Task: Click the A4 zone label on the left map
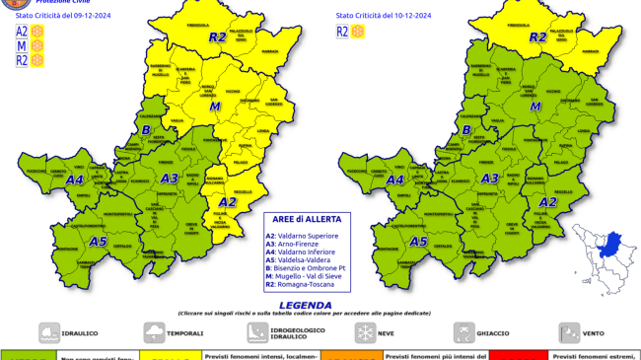tap(74, 180)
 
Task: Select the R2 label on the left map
tap(217, 37)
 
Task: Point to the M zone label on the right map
tap(535, 106)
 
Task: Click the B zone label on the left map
tap(146, 130)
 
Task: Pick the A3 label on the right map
tap(488, 179)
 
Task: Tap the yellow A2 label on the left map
tap(228, 202)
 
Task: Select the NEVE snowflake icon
tap(364, 332)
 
